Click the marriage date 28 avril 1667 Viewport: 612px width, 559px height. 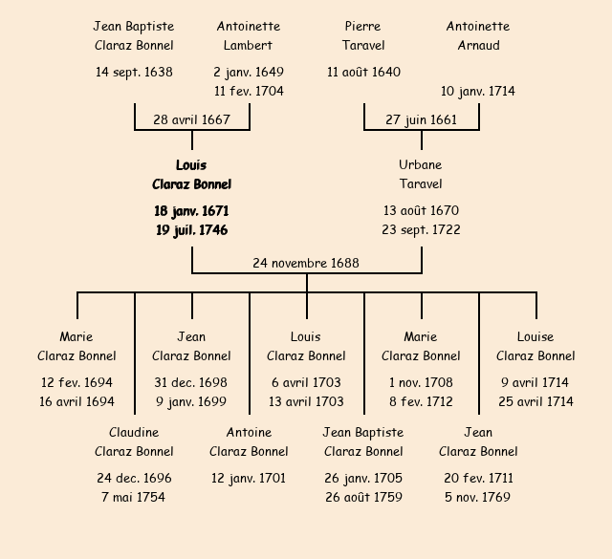pos(191,119)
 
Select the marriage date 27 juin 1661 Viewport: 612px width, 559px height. pos(421,119)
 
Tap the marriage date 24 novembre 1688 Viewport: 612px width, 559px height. pos(306,263)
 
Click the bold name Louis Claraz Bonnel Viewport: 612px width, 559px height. pos(191,175)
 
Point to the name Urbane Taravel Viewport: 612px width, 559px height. pos(421,175)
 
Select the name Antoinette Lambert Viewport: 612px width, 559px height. pos(249,36)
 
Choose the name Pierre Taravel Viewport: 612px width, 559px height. pos(363,36)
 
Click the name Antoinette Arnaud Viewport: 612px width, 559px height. pos(478,36)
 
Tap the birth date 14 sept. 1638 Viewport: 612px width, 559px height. pos(134,72)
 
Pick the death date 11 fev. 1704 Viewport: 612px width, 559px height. pos(249,91)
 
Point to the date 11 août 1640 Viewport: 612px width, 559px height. pos(363,72)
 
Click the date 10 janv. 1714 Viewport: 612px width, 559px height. pos(478,91)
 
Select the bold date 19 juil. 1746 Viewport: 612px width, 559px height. pos(191,229)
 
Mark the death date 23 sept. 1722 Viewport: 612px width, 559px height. pos(421,229)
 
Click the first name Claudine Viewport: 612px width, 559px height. pos(134,432)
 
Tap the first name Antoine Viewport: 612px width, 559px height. pos(249,432)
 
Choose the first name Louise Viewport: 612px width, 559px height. pos(535,336)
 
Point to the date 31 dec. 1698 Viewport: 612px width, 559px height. pos(191,382)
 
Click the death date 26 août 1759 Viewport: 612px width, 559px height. pos(363,497)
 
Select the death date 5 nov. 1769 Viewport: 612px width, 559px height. pos(478,497)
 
